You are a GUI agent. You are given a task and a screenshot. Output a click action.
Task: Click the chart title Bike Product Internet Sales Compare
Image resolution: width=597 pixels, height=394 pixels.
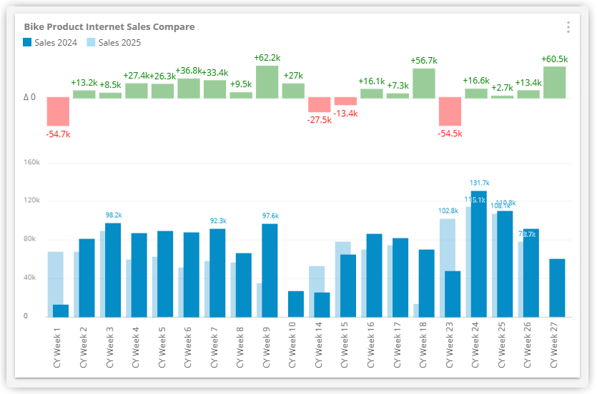pyautogui.click(x=109, y=27)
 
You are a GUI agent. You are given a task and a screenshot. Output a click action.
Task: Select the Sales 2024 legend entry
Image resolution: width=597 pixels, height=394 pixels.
pyautogui.click(x=50, y=43)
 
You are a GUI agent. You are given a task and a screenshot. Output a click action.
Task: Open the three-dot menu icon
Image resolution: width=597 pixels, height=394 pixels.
pyautogui.click(x=568, y=27)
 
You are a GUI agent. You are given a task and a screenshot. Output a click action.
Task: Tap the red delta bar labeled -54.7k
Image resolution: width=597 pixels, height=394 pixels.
pyautogui.click(x=58, y=111)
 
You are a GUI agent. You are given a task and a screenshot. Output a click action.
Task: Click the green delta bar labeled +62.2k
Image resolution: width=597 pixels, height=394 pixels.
pyautogui.click(x=267, y=81)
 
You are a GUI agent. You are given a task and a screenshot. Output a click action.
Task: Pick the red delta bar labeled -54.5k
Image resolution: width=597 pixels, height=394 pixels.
pyautogui.click(x=450, y=111)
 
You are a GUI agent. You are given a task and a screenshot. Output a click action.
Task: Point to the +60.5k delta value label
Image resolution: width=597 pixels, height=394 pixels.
pyautogui.click(x=555, y=59)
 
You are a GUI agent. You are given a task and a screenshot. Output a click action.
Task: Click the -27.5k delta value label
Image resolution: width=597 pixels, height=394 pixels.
pyautogui.click(x=320, y=120)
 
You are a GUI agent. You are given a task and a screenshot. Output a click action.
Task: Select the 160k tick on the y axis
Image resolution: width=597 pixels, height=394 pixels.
pyautogui.click(x=31, y=162)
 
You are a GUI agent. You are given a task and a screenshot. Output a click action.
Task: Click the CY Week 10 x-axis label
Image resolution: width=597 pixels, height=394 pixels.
pyautogui.click(x=292, y=344)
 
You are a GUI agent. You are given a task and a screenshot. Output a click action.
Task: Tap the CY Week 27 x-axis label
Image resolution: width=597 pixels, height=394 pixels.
pyautogui.click(x=554, y=344)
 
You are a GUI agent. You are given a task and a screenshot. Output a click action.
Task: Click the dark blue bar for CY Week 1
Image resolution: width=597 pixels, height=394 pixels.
pyautogui.click(x=61, y=310)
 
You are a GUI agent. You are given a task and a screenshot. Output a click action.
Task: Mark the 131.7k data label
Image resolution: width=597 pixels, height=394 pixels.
pyautogui.click(x=480, y=183)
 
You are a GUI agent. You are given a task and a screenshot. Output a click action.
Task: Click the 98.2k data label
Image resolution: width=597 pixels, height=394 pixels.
pyautogui.click(x=114, y=215)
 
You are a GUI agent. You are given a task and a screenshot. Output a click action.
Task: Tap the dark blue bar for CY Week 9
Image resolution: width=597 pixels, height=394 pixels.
pyautogui.click(x=270, y=270)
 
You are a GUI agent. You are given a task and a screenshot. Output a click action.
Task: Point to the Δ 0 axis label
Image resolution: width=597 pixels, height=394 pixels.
pyautogui.click(x=29, y=97)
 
